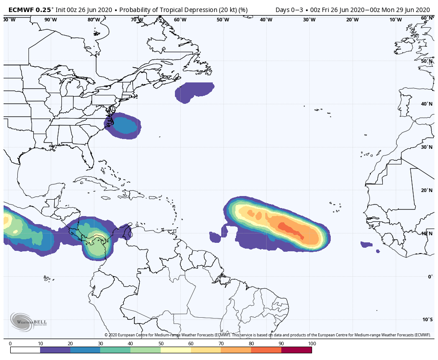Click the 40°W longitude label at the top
tap(266, 20)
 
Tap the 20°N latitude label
tap(427, 190)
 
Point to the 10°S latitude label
tap(427, 319)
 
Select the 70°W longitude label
tap(137, 20)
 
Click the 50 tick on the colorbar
tap(161, 344)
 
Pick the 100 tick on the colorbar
tap(312, 344)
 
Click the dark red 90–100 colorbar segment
tap(296, 350)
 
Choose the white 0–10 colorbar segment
tap(25, 350)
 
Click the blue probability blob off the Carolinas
tap(124, 126)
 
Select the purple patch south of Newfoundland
tap(194, 92)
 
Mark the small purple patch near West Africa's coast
tap(366, 244)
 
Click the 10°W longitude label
tap(395, 20)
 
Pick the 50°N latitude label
tap(427, 61)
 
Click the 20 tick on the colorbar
tap(70, 344)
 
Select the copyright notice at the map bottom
tap(268, 335)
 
